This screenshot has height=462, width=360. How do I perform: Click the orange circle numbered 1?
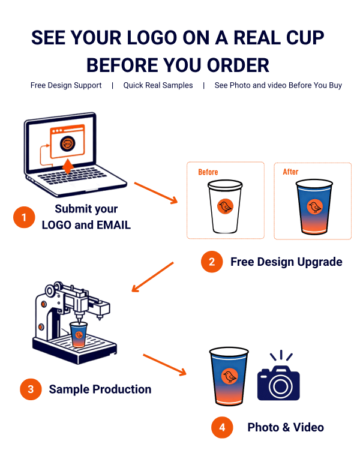point(24,217)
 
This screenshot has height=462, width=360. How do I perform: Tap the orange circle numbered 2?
point(212,262)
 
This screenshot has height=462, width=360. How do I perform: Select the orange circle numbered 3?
point(30,389)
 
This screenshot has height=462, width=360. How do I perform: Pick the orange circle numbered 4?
point(222,427)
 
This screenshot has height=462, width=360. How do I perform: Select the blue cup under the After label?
point(314,208)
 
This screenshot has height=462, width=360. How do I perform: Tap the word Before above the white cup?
point(208,172)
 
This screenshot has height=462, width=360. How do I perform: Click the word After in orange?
point(290,172)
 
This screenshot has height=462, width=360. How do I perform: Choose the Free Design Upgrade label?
point(286,262)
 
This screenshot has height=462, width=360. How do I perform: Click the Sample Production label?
point(100,389)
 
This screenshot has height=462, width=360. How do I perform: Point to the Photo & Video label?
point(286,427)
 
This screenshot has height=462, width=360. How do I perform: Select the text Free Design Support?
point(66,85)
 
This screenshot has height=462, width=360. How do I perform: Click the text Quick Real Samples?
point(158,85)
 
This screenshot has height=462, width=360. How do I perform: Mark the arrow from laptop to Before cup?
point(157,193)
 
